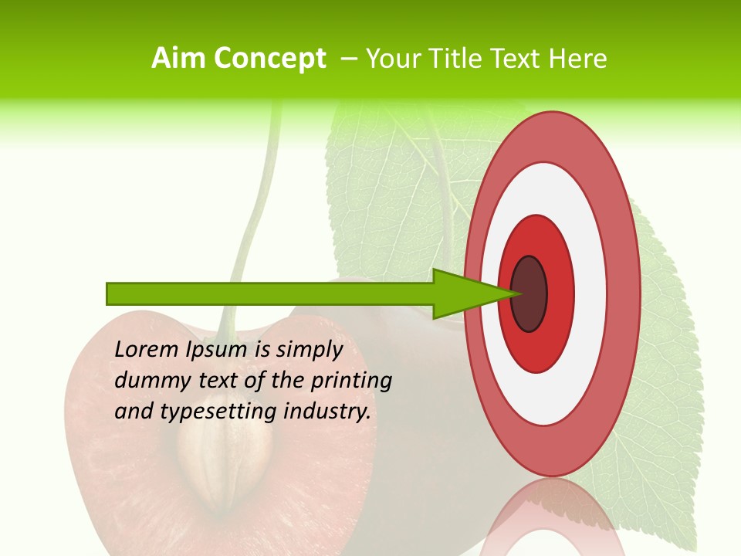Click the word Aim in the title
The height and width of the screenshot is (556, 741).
(x=179, y=59)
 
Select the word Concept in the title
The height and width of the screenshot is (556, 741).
(x=270, y=59)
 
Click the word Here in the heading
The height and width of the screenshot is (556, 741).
(x=578, y=59)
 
